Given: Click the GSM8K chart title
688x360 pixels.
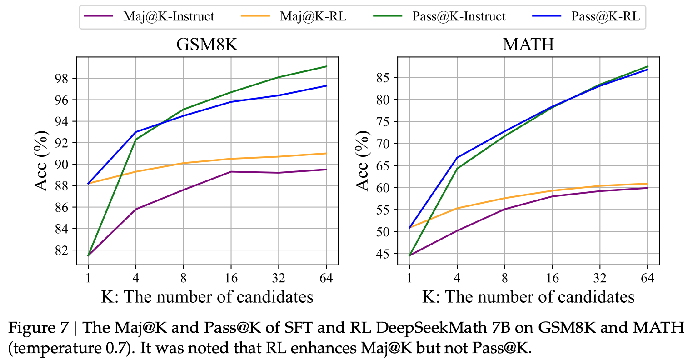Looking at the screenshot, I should (207, 45).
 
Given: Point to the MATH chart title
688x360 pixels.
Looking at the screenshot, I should (528, 45).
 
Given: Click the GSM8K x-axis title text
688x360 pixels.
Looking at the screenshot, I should (207, 297).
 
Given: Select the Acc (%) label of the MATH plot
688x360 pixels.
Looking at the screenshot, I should (362, 161).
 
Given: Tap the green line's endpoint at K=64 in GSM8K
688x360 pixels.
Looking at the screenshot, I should (326, 66).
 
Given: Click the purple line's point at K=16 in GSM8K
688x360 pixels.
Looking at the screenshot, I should (231, 171).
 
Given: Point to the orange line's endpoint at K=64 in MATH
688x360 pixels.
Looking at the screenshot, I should (647, 184).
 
